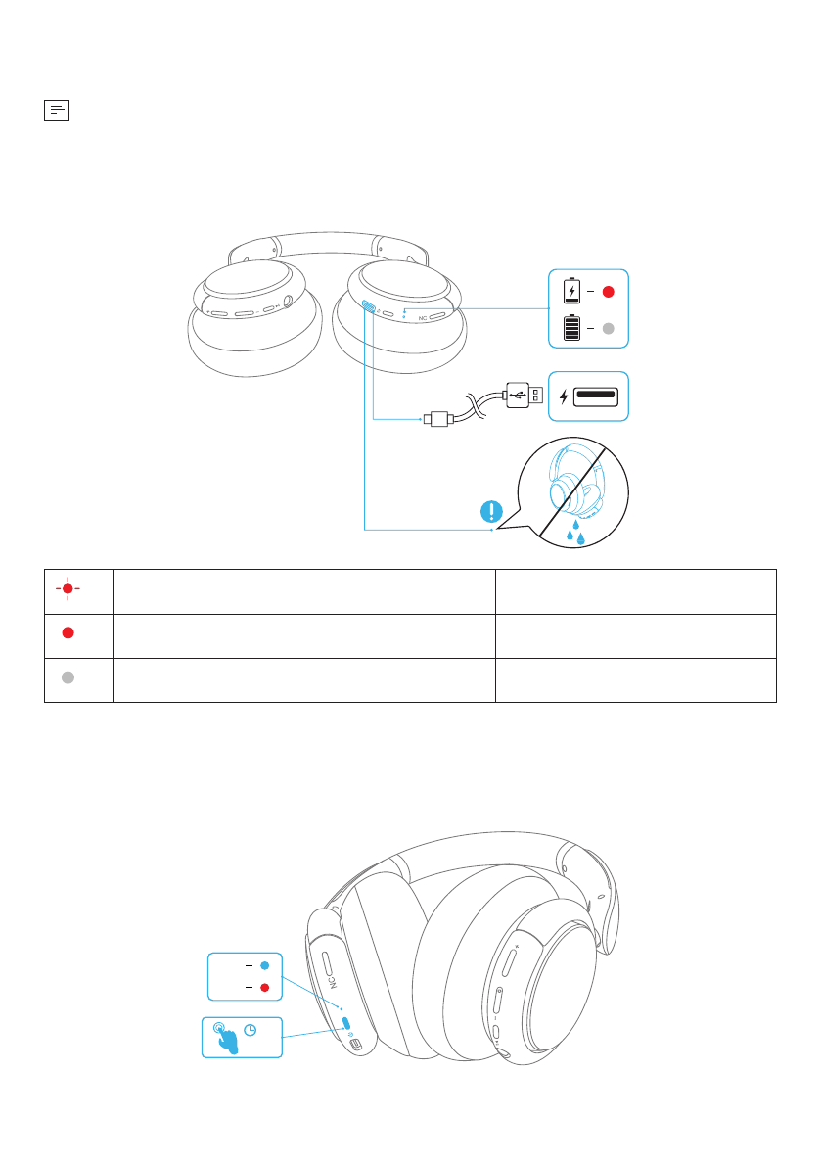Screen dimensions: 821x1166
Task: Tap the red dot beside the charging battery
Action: (608, 291)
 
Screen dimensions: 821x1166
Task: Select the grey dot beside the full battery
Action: (608, 330)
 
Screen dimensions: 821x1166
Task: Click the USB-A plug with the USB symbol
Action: (520, 396)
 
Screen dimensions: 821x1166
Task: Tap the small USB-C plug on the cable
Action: (437, 420)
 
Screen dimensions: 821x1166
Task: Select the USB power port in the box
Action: (595, 396)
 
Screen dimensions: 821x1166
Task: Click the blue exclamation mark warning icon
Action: (492, 510)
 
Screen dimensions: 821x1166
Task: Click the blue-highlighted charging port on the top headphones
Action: (368, 306)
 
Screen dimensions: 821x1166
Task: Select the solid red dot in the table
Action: (67, 632)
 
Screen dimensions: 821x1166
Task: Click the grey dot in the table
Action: (67, 680)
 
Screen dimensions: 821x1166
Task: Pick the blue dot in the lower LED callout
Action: (264, 965)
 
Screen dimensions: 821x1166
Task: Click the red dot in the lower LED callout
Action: (264, 988)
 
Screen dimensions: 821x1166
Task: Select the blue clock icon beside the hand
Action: (251, 1030)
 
